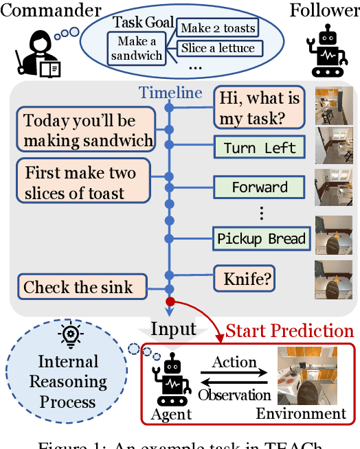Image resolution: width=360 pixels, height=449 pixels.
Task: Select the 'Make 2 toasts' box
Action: click(x=217, y=28)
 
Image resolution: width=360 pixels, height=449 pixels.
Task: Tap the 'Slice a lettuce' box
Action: click(x=217, y=48)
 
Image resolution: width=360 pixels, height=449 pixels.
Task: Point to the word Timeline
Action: click(x=170, y=93)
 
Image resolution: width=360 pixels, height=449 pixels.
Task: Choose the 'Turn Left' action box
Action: click(x=260, y=147)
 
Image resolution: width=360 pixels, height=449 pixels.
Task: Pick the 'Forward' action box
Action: click(x=260, y=187)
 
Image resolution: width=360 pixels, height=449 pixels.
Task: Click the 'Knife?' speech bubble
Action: click(x=244, y=278)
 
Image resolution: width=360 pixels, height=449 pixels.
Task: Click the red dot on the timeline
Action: click(x=170, y=301)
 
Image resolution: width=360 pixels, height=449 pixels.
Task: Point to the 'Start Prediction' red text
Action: click(x=289, y=332)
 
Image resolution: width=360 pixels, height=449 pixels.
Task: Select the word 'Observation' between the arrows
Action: click(x=234, y=395)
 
